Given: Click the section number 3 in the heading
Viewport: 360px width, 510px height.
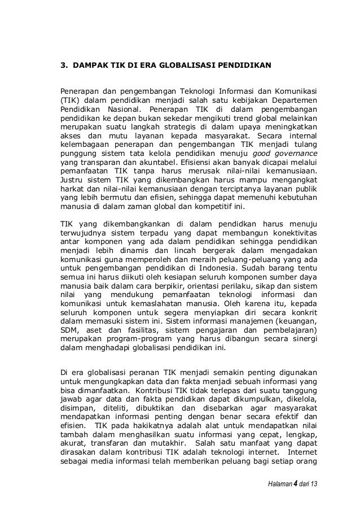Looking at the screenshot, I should [63, 66].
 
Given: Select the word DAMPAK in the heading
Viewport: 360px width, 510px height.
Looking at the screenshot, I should [93, 66].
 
